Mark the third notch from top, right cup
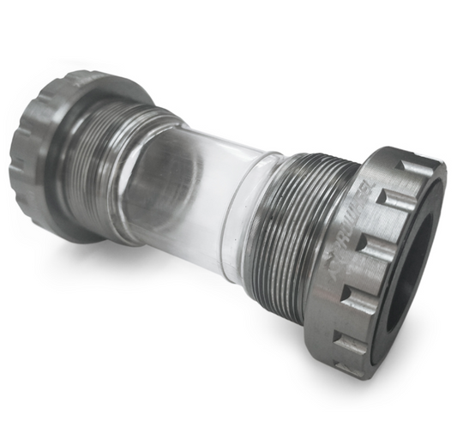point(369,248)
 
